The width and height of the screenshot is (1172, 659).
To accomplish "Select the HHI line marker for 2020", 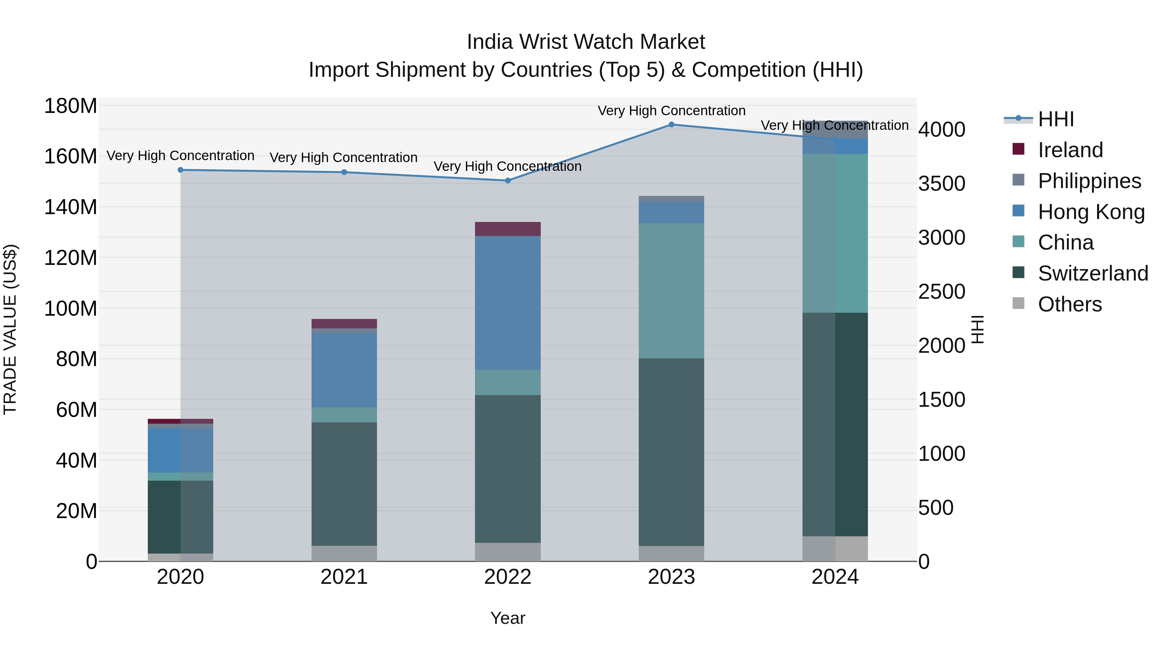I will pos(181,170).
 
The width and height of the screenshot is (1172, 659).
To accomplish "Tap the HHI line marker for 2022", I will pos(508,181).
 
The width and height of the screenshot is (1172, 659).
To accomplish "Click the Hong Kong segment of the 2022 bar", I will pos(508,302).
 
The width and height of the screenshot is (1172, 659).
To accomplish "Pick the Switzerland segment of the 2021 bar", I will pos(344,484).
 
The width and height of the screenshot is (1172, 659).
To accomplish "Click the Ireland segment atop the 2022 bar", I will pos(508,229).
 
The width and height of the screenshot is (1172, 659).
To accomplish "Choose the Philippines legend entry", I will pos(1089,181).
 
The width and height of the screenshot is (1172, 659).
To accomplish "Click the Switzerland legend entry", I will pos(1093,273).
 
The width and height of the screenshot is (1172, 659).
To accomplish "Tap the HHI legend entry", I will pos(1055,119).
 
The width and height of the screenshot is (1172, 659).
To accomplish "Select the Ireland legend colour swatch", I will pos(1018,149).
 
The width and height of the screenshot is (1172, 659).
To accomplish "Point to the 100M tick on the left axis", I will pos(71,309).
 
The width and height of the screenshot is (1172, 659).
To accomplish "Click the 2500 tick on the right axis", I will pos(941,292).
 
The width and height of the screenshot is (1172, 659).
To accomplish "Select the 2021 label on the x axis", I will pos(344,577).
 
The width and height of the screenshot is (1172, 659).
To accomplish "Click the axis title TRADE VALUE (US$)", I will pos(10,329).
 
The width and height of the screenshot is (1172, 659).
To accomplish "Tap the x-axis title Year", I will pos(508,618).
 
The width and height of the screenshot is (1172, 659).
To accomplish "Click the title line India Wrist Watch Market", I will pos(586,42).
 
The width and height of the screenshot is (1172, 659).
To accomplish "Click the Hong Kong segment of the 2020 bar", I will pos(181,450).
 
